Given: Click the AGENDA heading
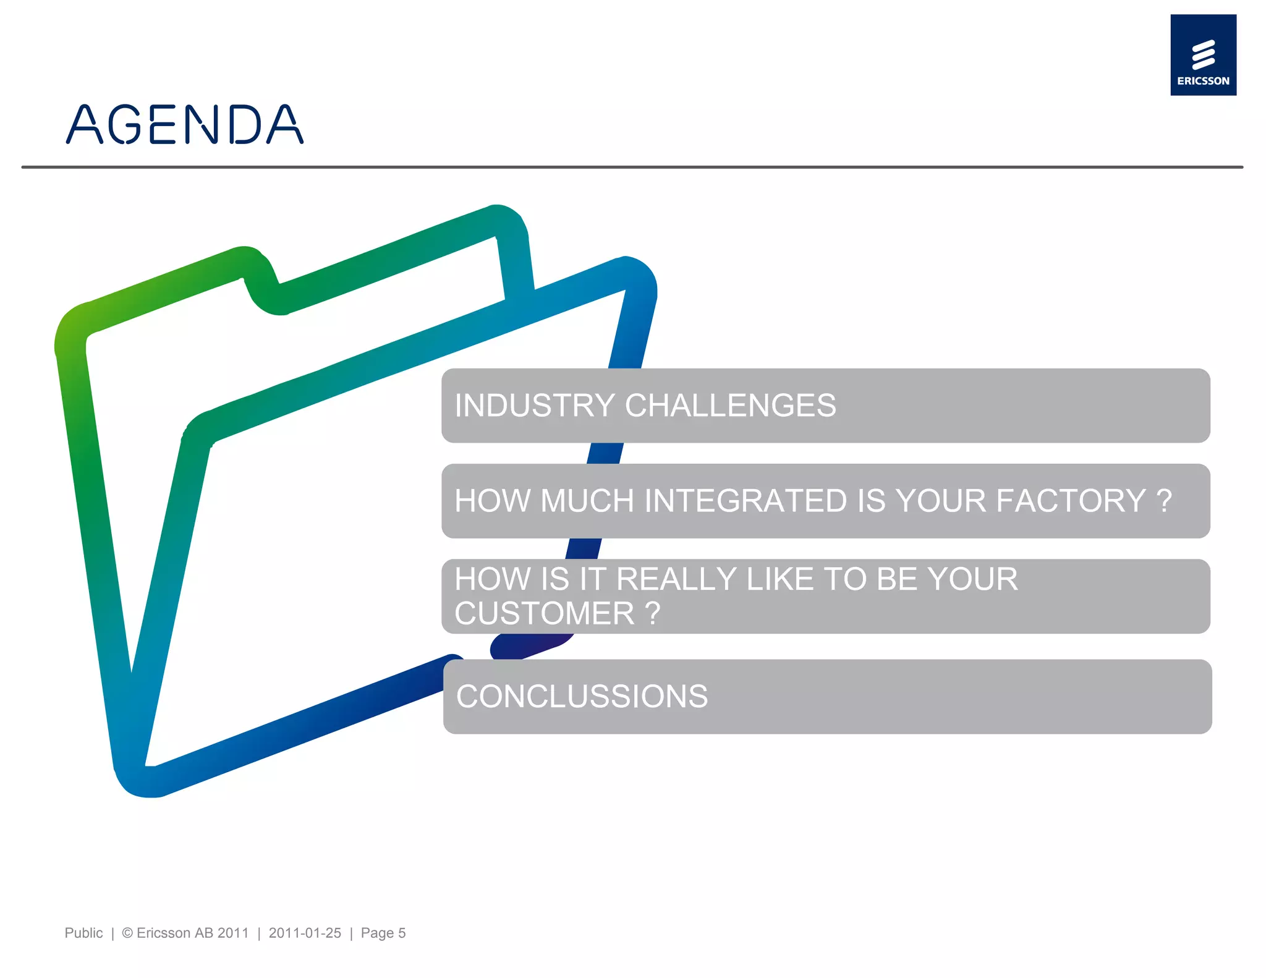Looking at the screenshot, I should pyautogui.click(x=184, y=124).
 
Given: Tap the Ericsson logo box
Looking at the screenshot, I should pyautogui.click(x=1202, y=54).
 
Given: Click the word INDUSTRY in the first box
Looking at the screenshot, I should pyautogui.click(x=535, y=406).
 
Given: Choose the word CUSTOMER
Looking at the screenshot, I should pyautogui.click(x=544, y=613).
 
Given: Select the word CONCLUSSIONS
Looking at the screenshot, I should pyautogui.click(x=582, y=696).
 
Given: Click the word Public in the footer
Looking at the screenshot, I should pyautogui.click(x=83, y=933).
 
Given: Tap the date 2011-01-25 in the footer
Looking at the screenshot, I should pyautogui.click(x=305, y=933).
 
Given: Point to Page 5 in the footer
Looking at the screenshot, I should pyautogui.click(x=383, y=933).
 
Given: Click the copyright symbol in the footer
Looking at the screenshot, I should pyautogui.click(x=127, y=933).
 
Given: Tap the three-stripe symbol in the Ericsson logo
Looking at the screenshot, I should pyautogui.click(x=1203, y=54).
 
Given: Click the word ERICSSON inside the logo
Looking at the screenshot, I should pyautogui.click(x=1203, y=81).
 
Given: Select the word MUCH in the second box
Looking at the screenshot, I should pyautogui.click(x=587, y=501).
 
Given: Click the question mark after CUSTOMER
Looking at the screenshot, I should pyautogui.click(x=653, y=613).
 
